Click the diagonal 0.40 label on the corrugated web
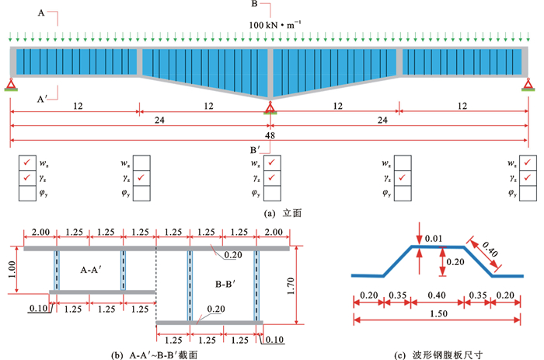[x=490, y=250]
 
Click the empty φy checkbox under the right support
[x=530, y=193]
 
